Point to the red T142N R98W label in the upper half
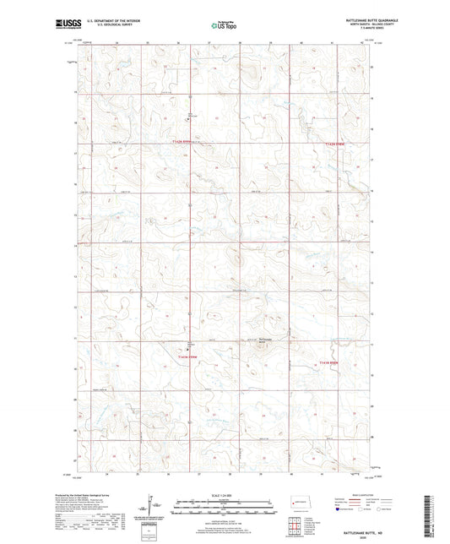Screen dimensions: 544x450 pyautogui.click(x=338, y=145)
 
